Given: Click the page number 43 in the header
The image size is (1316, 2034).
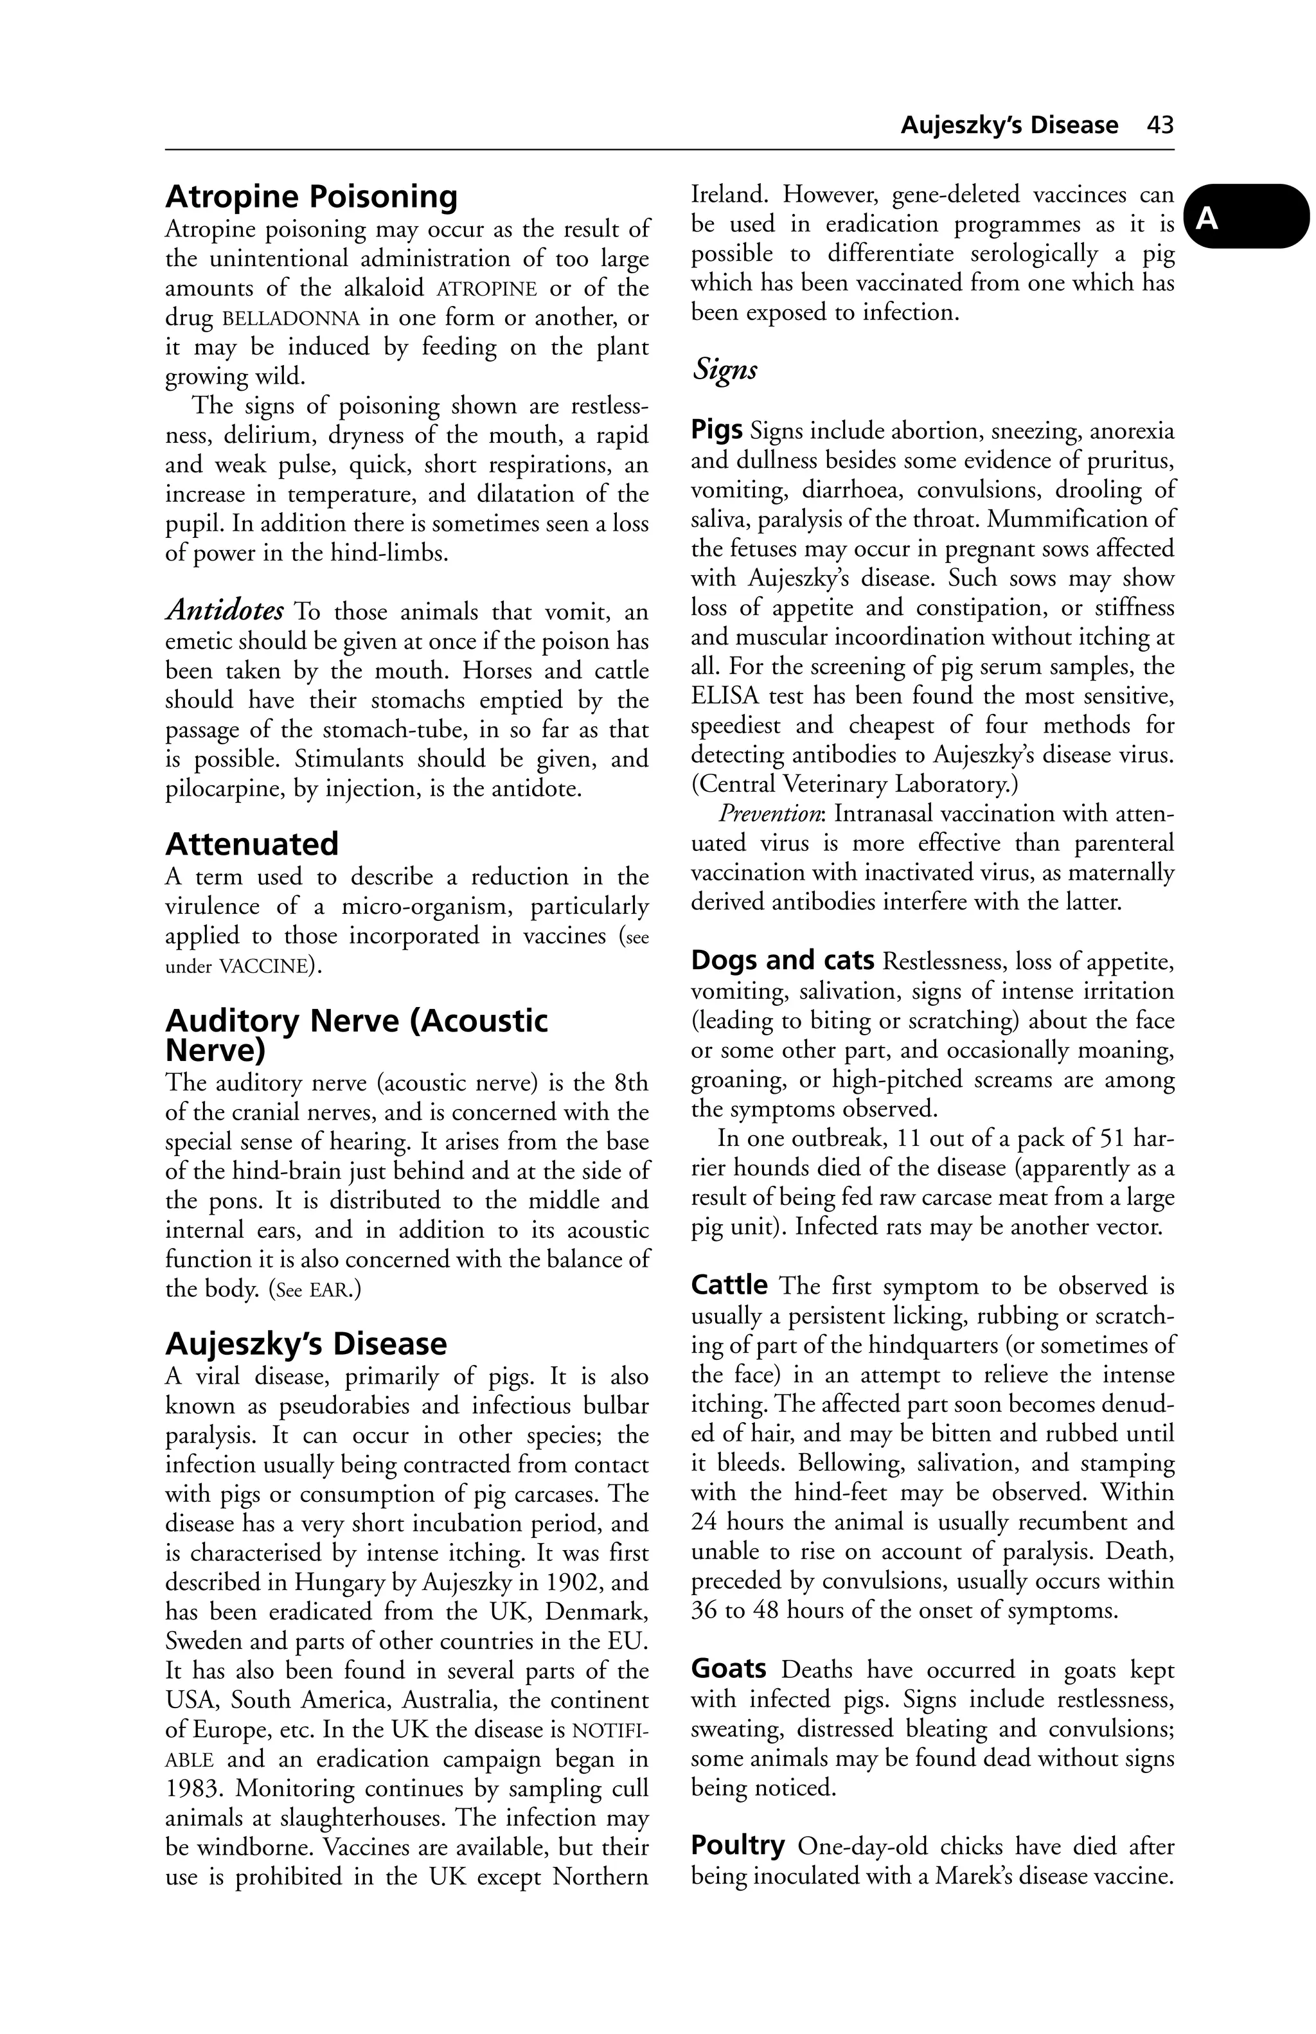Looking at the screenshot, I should [x=1160, y=125].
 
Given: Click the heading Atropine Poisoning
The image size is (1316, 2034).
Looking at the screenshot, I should [x=311, y=197].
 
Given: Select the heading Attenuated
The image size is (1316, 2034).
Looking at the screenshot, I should [x=252, y=844].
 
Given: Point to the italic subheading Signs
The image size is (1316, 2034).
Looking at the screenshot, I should [x=725, y=371].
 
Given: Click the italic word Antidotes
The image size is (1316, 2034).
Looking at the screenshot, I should [x=225, y=611].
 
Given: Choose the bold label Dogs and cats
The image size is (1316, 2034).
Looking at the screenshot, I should [x=782, y=961].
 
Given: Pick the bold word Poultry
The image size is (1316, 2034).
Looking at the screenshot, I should [x=738, y=1846].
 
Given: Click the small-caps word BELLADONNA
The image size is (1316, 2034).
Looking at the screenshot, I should [x=290, y=319].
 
